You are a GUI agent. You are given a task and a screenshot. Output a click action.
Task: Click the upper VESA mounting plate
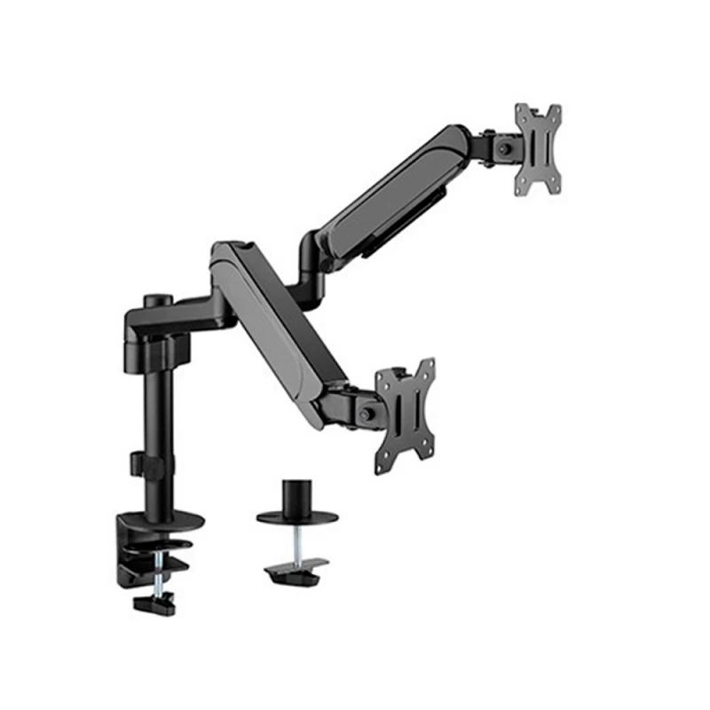(x=539, y=148)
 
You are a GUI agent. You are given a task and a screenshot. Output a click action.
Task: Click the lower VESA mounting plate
(x=406, y=411)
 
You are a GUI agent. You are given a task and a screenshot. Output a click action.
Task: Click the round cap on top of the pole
(x=162, y=301)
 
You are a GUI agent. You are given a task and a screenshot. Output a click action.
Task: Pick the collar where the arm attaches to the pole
(x=151, y=324)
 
